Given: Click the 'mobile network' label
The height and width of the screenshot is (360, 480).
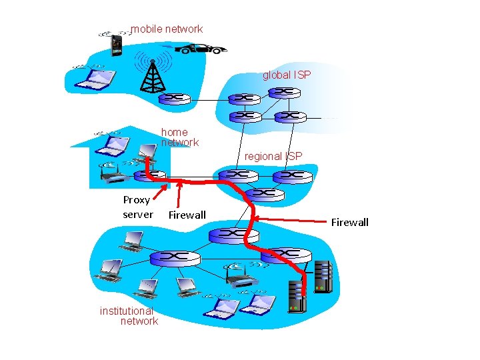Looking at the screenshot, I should coord(167,29).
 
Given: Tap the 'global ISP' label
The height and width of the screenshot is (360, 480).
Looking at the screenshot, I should coord(287,75).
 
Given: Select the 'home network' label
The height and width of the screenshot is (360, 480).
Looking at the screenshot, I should coord(180,137).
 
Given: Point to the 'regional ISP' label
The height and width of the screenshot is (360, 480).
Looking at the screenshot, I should coord(273,156).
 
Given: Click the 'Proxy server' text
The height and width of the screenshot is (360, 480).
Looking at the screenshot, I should coord(137,207).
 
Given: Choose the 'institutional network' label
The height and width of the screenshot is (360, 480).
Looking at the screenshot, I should coord(129,316).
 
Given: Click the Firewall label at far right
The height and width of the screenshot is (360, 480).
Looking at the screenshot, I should coord(349,222).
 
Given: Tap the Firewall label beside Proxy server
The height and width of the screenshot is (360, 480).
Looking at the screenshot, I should coord(187,215).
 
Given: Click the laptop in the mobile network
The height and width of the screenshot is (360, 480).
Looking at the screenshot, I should coord(94,80).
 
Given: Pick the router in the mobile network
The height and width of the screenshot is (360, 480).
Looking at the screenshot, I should coord(175,99).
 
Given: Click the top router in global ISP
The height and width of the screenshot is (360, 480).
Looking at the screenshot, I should coord(285,92).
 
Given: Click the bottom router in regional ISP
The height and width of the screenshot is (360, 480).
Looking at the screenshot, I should coord(265,194).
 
